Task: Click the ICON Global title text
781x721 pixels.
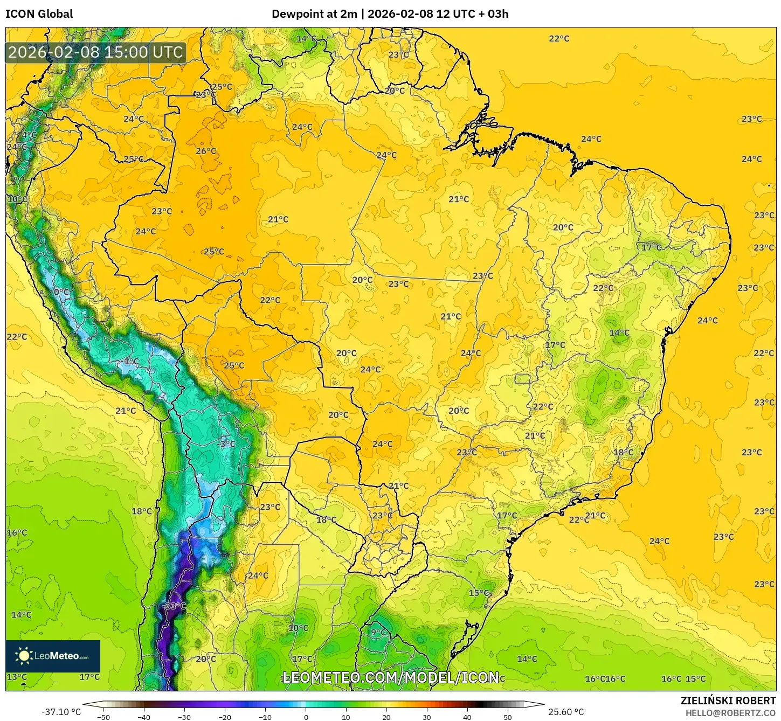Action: click(39, 14)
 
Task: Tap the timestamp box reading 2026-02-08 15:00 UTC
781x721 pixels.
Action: click(96, 53)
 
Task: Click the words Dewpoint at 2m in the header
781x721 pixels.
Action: click(314, 14)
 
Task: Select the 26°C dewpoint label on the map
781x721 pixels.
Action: click(206, 151)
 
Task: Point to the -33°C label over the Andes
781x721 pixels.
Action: click(174, 606)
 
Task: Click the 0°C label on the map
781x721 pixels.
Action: click(61, 293)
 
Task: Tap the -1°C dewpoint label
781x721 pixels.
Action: click(130, 362)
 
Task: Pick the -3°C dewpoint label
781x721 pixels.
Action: click(226, 444)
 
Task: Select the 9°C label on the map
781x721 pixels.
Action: click(378, 633)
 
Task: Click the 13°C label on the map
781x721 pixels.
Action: click(17, 677)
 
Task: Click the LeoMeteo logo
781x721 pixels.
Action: click(53, 656)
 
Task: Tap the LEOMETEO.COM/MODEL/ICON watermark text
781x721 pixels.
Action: click(390, 677)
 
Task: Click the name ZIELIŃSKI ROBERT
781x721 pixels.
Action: click(728, 701)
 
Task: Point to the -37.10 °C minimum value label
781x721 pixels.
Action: click(61, 712)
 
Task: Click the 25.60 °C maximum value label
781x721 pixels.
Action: click(566, 712)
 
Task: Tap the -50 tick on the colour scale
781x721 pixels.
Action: click(103, 717)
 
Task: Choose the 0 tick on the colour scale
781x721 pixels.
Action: click(306, 717)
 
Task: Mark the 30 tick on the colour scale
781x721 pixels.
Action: click(427, 717)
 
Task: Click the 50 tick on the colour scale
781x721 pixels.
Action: click(508, 717)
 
